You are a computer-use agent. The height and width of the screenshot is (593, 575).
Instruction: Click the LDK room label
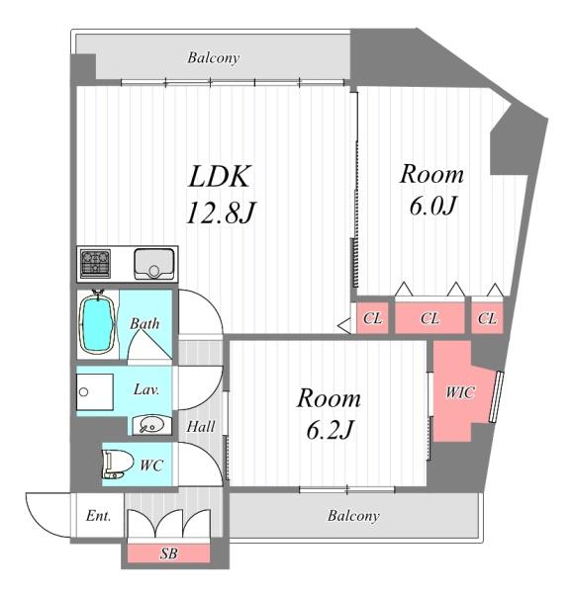pyautogui.click(x=220, y=176)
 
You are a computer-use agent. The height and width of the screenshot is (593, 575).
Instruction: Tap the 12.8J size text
pyautogui.click(x=222, y=212)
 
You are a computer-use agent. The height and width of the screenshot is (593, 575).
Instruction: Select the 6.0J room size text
pyautogui.click(x=431, y=207)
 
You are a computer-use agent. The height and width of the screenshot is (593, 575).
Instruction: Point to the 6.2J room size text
pyautogui.click(x=330, y=430)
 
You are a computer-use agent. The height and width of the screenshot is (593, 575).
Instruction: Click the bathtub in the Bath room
pyautogui.click(x=97, y=324)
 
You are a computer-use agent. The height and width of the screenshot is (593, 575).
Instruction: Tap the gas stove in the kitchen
pyautogui.click(x=95, y=263)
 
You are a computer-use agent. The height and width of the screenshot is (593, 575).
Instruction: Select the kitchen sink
pyautogui.click(x=153, y=264)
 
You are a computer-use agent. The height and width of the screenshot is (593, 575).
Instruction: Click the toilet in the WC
pyautogui.click(x=117, y=465)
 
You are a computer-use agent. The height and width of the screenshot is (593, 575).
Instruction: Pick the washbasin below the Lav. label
pyautogui.click(x=151, y=425)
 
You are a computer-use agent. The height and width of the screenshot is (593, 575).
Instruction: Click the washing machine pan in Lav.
pyautogui.click(x=95, y=391)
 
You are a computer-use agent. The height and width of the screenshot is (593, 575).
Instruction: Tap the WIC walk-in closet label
pyautogui.click(x=460, y=392)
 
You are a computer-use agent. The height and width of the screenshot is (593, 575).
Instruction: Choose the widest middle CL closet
pyautogui.click(x=430, y=317)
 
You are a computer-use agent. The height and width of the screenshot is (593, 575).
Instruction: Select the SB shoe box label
pyautogui.click(x=168, y=553)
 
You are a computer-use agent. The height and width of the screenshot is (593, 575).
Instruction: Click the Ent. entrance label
pyautogui.click(x=98, y=516)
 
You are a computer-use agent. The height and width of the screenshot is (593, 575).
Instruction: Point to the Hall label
pyautogui.click(x=201, y=427)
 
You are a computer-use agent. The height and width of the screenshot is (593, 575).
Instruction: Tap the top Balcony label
pyautogui.click(x=213, y=58)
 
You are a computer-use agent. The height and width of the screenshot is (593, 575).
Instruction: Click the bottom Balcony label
pyautogui.click(x=353, y=516)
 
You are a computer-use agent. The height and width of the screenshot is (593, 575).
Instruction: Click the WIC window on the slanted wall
pyautogui.click(x=496, y=396)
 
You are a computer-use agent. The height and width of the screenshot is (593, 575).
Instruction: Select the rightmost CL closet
pyautogui.click(x=487, y=317)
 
